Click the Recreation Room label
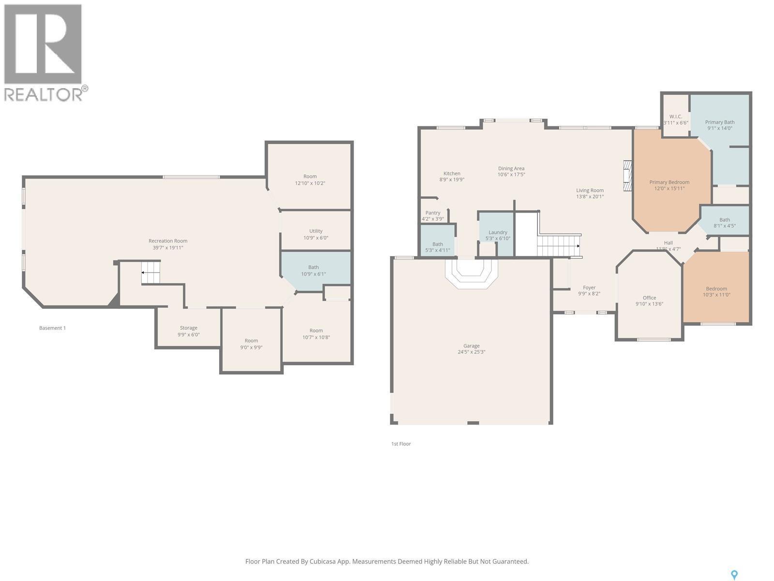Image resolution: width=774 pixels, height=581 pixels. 168,241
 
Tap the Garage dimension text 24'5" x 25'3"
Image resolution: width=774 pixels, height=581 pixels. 471,352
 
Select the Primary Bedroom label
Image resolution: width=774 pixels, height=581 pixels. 669,182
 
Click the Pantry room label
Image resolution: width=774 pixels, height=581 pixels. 432,213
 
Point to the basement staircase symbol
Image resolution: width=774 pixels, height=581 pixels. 150,272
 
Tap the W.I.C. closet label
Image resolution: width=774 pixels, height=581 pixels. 675,116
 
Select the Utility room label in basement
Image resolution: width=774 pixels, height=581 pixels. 315,231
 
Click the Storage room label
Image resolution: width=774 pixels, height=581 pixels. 189,328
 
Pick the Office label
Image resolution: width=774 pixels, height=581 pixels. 649,298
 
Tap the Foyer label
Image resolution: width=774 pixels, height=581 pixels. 589,288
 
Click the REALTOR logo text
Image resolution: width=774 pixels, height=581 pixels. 43,94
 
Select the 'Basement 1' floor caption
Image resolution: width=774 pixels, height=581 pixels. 52,328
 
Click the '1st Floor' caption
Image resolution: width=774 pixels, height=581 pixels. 401,443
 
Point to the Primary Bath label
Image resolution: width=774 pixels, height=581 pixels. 719,122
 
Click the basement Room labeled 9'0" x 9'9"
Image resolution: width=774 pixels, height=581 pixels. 251,340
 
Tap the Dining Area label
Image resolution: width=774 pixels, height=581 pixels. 511,168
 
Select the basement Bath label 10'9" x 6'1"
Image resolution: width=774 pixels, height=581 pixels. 313,267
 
